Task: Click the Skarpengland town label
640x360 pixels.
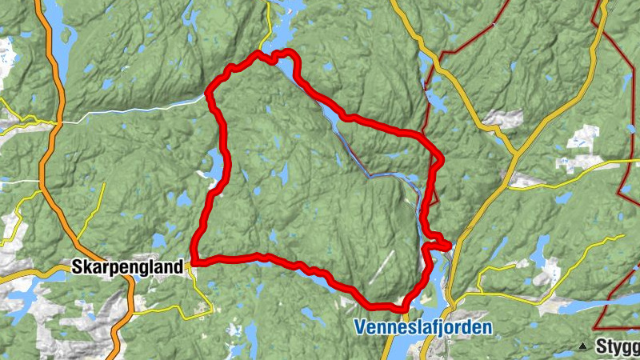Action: tap(128, 267)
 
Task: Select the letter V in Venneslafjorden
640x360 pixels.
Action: tap(357, 327)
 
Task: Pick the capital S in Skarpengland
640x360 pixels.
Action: tap(77, 267)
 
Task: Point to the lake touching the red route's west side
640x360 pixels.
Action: tap(214, 165)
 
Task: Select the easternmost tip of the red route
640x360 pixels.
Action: tap(450, 244)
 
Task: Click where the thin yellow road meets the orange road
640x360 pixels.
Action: tap(56, 124)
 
